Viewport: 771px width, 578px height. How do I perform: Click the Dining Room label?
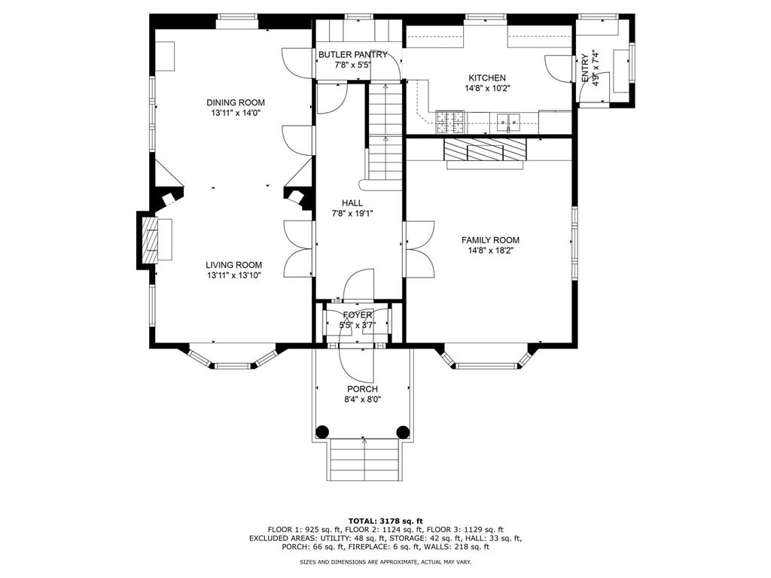(236, 102)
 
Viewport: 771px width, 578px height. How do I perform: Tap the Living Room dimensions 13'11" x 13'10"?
(234, 275)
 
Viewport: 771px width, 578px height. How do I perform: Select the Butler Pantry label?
(352, 55)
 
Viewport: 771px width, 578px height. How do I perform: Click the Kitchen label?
(487, 78)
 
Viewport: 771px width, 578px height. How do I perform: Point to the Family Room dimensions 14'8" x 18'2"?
(490, 251)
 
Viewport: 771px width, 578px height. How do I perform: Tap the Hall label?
(352, 203)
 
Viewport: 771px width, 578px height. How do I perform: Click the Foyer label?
(358, 315)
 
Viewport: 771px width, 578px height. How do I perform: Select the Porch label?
(362, 389)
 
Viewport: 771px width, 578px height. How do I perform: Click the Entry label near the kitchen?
(585, 68)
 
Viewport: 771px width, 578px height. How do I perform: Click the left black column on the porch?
(322, 432)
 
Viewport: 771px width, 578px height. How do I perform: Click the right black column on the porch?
(403, 432)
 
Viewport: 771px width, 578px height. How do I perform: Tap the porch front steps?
(363, 460)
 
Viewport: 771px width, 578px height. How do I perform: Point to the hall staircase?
(385, 132)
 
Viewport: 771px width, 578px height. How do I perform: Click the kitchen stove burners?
(451, 118)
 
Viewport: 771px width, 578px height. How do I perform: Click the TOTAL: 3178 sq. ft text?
(385, 521)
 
